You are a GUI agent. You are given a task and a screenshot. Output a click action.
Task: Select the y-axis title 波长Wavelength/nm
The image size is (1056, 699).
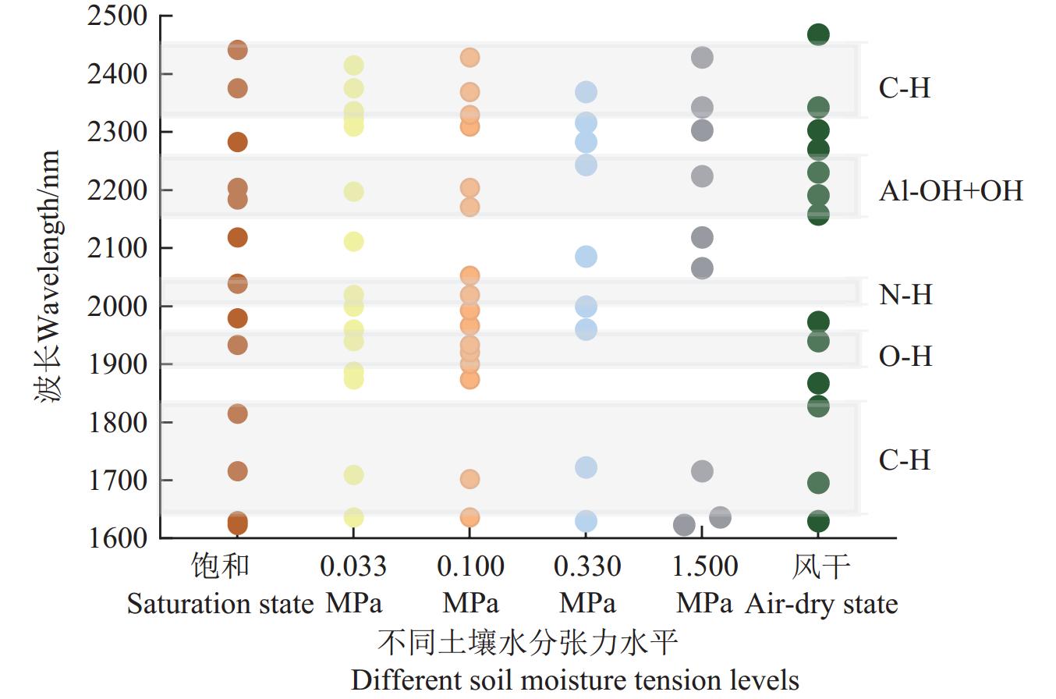click(x=48, y=277)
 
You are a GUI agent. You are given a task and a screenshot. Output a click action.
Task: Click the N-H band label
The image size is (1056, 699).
click(x=905, y=295)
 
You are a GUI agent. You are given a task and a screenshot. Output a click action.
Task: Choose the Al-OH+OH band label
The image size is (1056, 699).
click(x=950, y=191)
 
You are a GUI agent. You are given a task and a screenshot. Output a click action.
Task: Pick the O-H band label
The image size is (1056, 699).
click(x=905, y=357)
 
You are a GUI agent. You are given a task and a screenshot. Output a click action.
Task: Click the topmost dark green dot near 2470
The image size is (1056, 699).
click(x=818, y=34)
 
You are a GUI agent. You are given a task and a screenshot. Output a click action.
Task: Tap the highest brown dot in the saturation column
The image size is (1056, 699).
click(x=237, y=50)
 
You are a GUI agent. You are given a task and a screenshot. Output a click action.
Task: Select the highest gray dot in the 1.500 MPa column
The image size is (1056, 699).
click(x=702, y=57)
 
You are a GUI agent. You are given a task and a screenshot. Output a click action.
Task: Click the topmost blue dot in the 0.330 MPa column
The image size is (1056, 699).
click(x=586, y=92)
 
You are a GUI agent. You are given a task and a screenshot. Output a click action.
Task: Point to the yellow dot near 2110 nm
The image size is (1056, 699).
click(x=353, y=242)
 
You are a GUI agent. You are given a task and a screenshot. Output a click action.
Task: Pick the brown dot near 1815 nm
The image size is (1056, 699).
click(x=237, y=413)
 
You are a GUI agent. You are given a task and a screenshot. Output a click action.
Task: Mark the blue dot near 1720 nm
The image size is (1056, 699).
click(x=586, y=467)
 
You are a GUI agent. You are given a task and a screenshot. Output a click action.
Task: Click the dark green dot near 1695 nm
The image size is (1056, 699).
click(x=818, y=483)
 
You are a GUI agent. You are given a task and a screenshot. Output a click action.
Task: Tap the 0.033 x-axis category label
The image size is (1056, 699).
click(x=353, y=566)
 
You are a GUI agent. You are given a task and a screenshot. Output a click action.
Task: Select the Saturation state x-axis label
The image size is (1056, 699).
click(x=220, y=604)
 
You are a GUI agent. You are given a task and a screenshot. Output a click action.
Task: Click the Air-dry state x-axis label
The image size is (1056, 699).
click(x=821, y=604)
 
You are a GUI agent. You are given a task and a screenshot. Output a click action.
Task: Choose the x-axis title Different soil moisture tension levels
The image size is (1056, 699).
click(x=575, y=679)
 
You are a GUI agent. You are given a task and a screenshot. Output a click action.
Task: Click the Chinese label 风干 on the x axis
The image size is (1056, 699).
click(x=820, y=566)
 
